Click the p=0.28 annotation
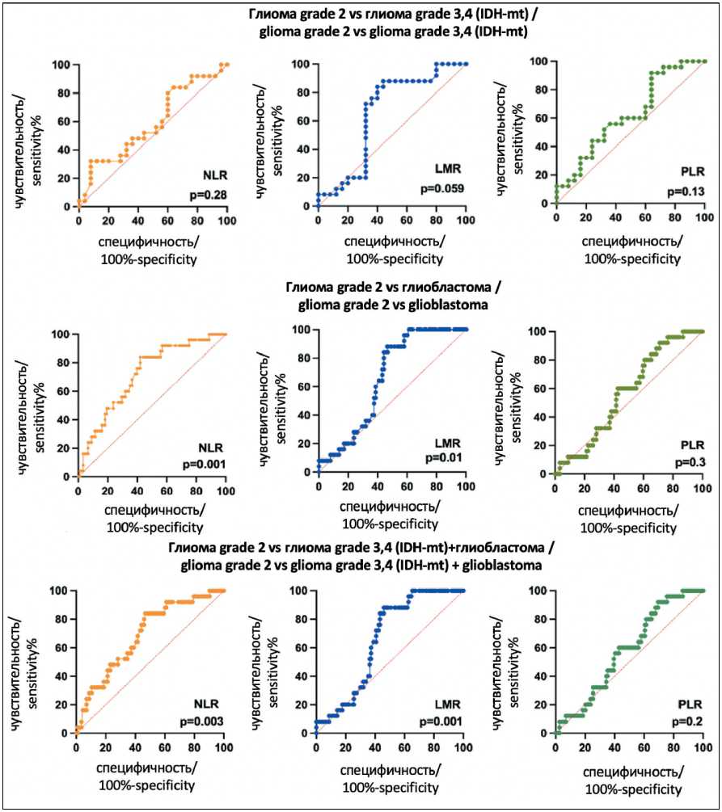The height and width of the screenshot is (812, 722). tap(205, 195)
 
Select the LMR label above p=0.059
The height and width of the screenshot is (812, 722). tap(446, 169)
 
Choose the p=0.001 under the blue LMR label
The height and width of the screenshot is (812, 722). tap(441, 720)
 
